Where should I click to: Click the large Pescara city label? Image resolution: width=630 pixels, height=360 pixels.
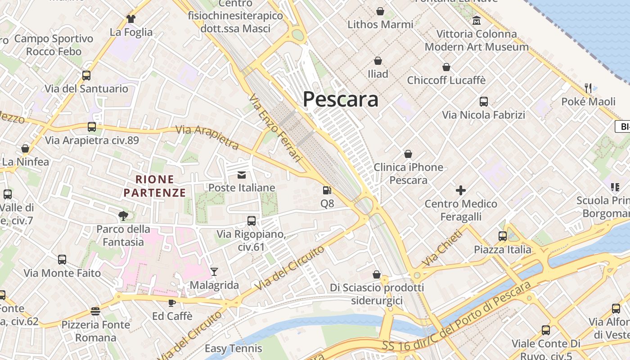pos(340,99)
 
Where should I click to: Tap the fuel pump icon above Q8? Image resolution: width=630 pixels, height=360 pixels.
pos(327,190)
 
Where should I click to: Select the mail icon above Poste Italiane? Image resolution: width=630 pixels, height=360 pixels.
pos(242,175)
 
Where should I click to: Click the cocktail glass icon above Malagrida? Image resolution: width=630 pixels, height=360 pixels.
pos(214,271)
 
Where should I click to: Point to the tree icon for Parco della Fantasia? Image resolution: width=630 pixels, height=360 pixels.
pos(123,216)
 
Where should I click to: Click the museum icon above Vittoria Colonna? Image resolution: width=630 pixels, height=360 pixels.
pos(477,20)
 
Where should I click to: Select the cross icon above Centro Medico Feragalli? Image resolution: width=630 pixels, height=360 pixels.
pos(461,190)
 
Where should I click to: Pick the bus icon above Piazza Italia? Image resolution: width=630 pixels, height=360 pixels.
pos(502,236)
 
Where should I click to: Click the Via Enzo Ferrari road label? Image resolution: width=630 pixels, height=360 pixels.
pos(275,128)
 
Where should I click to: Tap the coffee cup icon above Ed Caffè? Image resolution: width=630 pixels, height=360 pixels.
pos(171,303)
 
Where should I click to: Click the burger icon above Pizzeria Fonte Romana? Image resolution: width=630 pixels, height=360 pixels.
pos(95,311)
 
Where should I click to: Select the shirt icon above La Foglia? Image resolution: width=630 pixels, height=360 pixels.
pos(131,19)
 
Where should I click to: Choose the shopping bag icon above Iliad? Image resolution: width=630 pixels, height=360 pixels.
pos(378,60)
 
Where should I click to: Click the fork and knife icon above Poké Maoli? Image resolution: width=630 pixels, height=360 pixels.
pos(588,88)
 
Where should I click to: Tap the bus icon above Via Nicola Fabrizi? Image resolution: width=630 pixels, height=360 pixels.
pos(484,101)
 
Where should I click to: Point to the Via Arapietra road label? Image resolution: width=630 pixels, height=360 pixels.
pos(207,137)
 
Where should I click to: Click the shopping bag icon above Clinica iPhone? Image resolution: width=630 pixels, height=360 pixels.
pos(408,154)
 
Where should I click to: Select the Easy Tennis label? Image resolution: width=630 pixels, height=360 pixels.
pos(233,348)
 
